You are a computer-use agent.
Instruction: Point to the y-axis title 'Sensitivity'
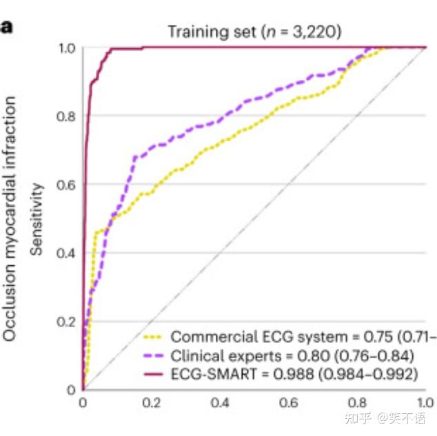[37, 219]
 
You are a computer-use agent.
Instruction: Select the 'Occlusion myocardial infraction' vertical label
[10, 219]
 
